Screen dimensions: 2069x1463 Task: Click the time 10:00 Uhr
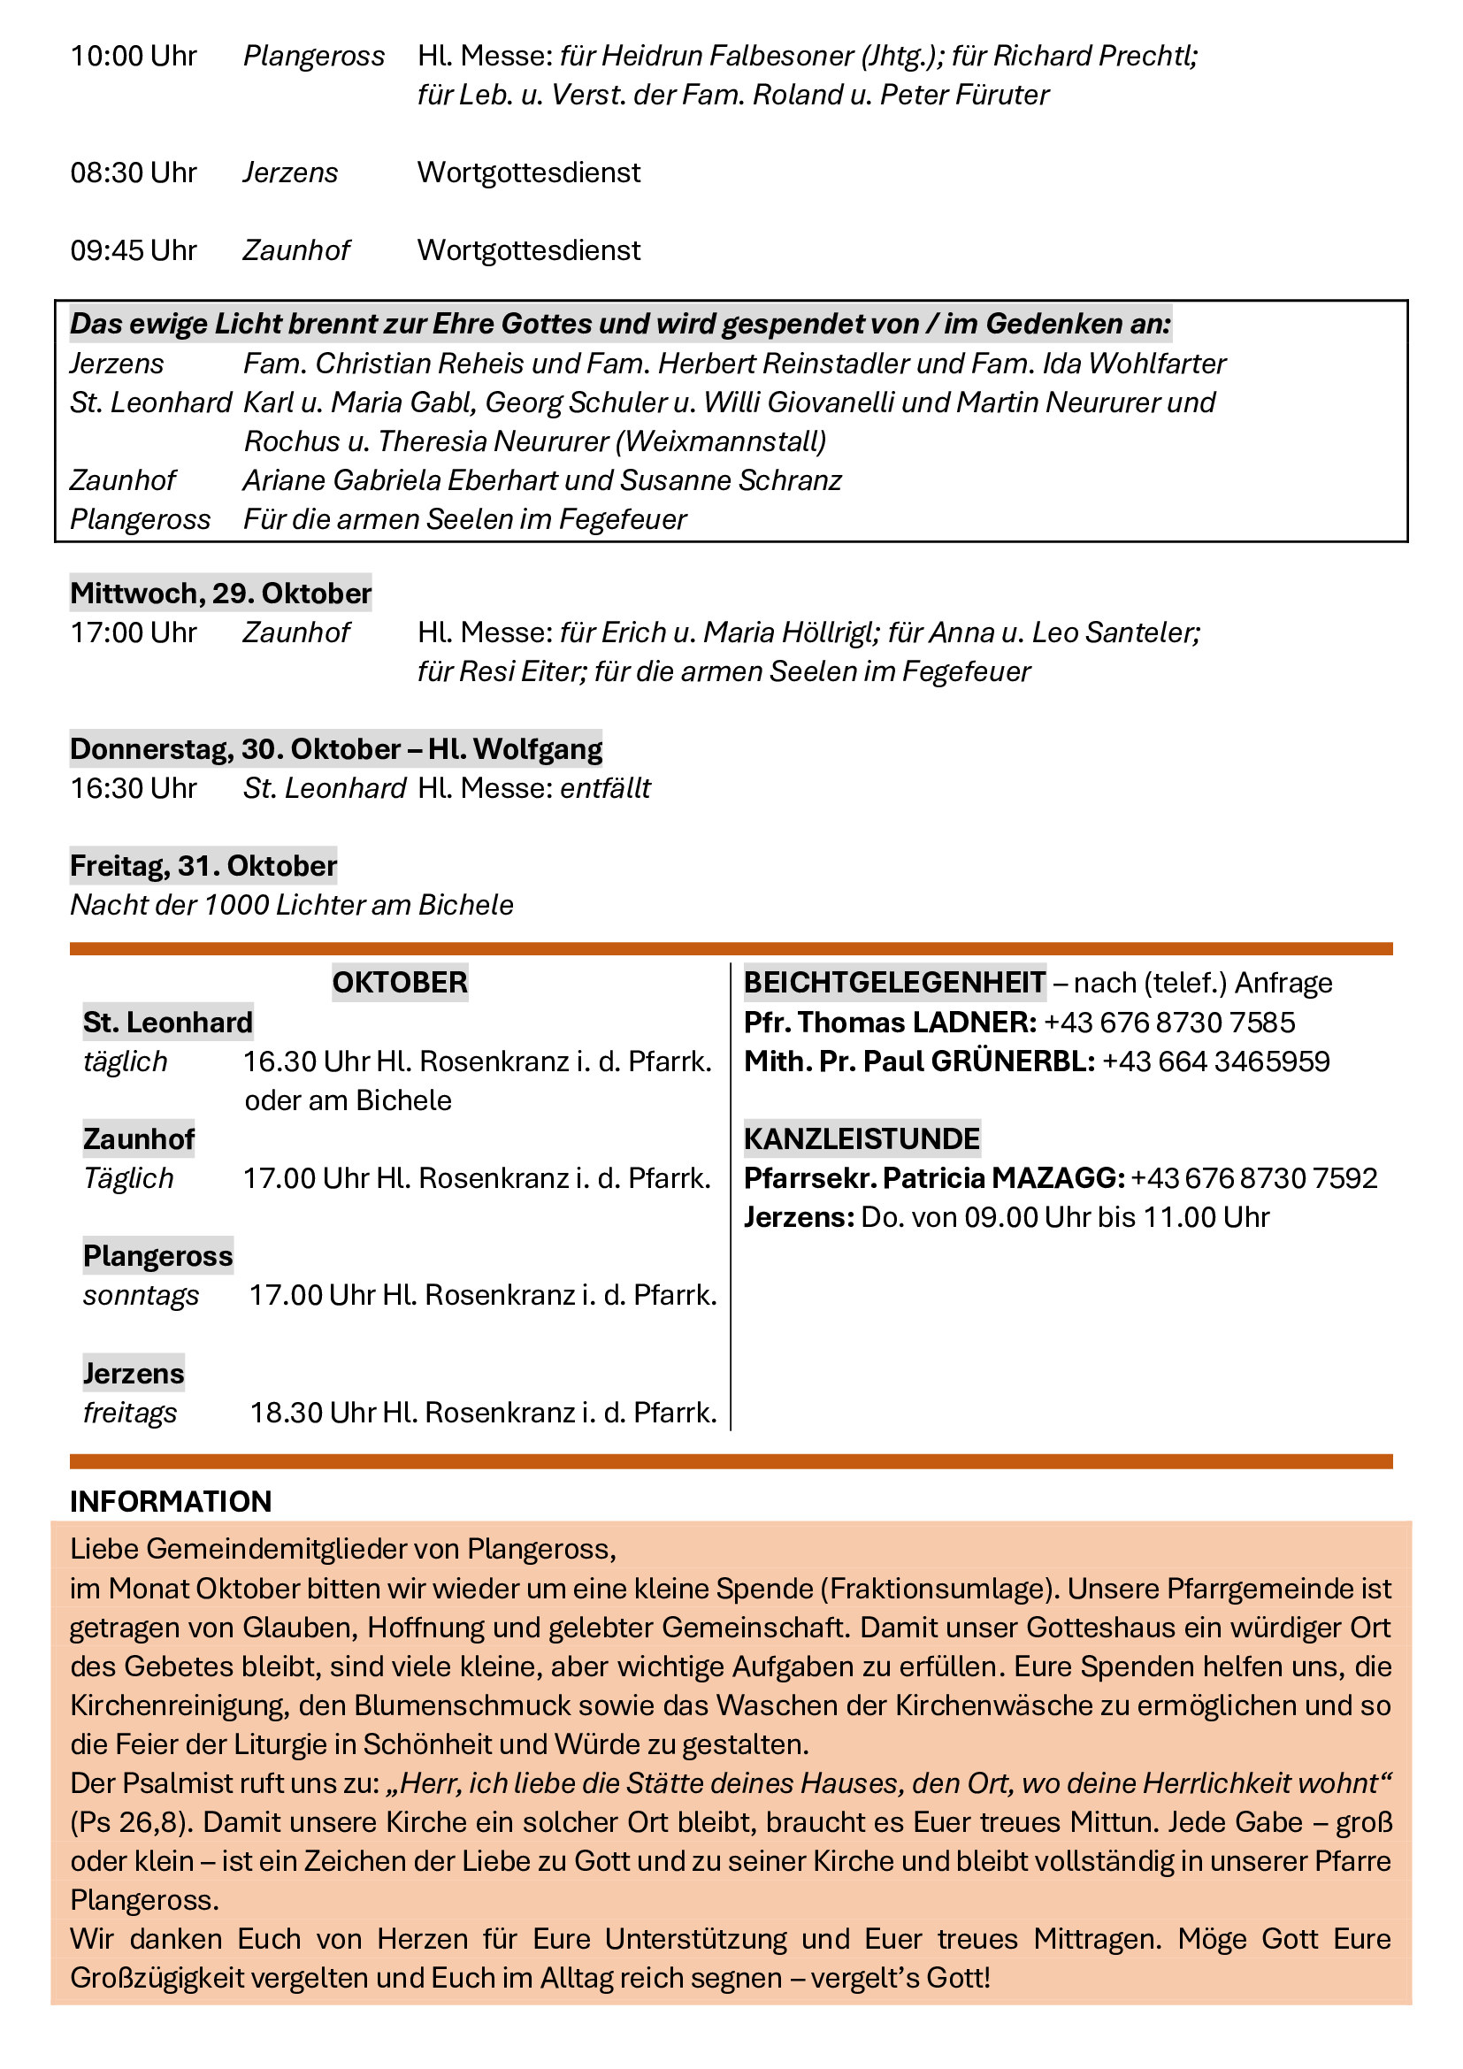(134, 56)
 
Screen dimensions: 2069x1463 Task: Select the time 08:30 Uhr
(134, 172)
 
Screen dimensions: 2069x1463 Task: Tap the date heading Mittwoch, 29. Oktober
(221, 593)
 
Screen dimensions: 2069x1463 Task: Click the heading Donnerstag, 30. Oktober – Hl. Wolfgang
(336, 749)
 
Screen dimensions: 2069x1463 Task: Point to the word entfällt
(605, 788)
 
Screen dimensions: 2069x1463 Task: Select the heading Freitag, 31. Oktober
(203, 866)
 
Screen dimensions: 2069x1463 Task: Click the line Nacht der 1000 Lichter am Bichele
(292, 905)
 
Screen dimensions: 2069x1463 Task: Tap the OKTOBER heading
(400, 982)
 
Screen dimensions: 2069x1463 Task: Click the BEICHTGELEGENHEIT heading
(894, 982)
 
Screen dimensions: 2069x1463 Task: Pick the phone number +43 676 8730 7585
(1169, 1022)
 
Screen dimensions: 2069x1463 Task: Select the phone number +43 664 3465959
(1216, 1061)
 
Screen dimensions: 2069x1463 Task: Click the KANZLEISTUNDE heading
(862, 1139)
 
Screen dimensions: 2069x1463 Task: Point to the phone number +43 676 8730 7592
(1254, 1178)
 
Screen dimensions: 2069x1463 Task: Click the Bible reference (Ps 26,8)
(132, 1822)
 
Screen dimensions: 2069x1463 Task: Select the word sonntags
(142, 1295)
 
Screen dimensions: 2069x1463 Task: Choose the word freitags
(130, 1412)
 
